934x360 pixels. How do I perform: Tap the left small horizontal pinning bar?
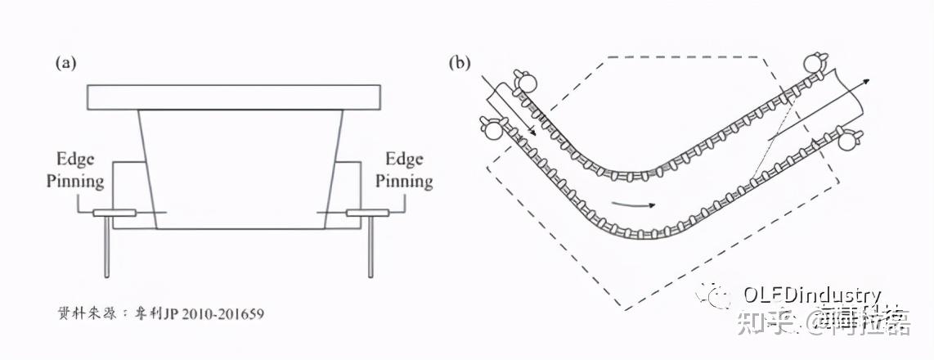[x=115, y=214]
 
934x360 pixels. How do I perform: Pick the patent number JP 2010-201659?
[x=220, y=313]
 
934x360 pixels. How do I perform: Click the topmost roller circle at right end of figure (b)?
[x=815, y=62]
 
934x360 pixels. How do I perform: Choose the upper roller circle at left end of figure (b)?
[x=525, y=81]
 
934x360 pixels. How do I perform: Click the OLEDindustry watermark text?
[x=811, y=295]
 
